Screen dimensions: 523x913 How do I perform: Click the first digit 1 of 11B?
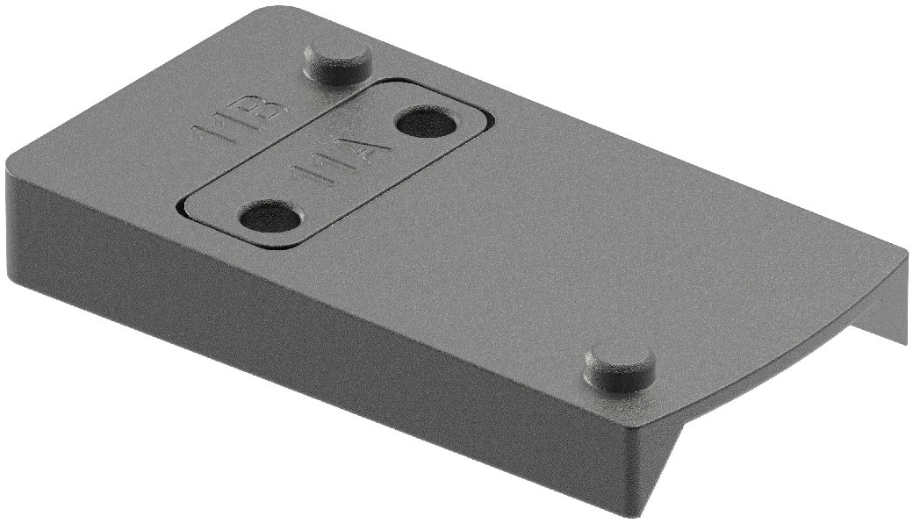(205, 137)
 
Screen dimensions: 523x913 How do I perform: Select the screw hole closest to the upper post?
(426, 121)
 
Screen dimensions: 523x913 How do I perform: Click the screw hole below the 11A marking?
(270, 215)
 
